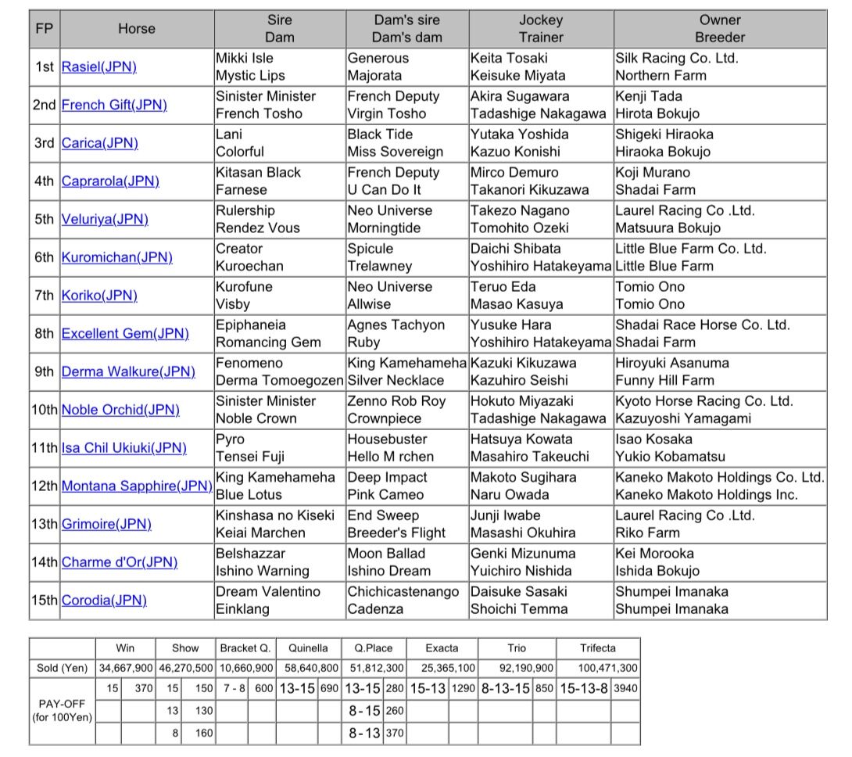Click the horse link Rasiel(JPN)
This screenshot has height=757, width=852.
[99, 67]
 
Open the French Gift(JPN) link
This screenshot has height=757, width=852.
[114, 105]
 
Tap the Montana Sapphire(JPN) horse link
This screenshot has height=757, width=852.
[137, 486]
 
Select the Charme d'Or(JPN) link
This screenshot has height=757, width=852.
[120, 562]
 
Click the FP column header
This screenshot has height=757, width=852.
[45, 29]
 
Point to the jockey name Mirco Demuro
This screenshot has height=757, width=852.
[514, 173]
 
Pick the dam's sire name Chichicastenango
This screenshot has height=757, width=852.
[403, 592]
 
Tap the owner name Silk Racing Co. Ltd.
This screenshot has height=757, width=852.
[676, 58]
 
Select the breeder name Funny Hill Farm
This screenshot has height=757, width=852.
[664, 381]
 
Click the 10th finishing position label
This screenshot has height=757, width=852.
[45, 410]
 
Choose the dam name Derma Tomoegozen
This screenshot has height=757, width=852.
[279, 381]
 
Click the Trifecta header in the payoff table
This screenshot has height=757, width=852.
[598, 648]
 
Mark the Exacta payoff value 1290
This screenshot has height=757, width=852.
[464, 688]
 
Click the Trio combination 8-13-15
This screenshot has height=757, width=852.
[506, 688]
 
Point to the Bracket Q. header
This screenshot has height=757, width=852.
[245, 648]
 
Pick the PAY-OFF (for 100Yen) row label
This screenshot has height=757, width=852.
[62, 710]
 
